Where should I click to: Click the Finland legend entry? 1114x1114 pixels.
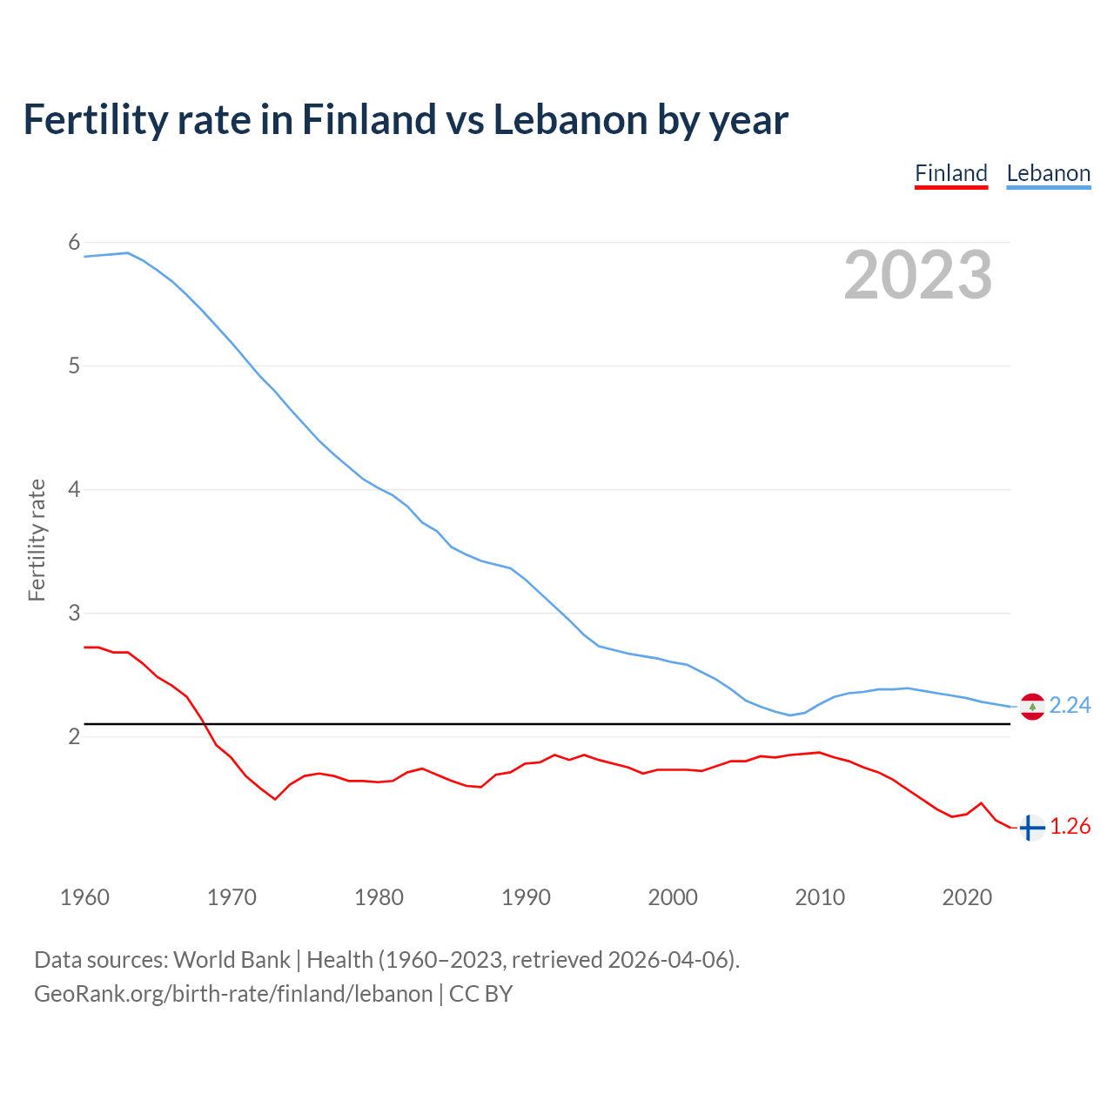click(951, 173)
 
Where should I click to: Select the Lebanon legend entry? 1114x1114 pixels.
click(1048, 173)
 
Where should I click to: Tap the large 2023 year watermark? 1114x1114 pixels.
click(917, 275)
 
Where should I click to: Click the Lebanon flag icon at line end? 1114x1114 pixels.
click(1032, 706)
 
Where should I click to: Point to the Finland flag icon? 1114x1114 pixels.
click(1031, 828)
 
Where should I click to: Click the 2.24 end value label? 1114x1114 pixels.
click(1070, 705)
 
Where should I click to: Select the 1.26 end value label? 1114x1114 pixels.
click(1070, 826)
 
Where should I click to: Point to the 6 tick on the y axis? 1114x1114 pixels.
click(74, 243)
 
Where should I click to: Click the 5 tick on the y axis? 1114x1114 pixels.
click(74, 366)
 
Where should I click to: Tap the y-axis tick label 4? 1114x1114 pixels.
click(74, 490)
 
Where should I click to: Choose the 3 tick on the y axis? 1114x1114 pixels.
click(74, 614)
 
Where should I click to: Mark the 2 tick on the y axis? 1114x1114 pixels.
click(74, 737)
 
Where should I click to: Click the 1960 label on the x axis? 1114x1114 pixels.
click(84, 897)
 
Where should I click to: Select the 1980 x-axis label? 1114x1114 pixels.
click(379, 897)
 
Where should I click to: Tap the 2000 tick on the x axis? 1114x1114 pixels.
click(673, 897)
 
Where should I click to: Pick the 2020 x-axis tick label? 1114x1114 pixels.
click(967, 897)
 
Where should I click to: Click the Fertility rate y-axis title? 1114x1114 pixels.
click(37, 540)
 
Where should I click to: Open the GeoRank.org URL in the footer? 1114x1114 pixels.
click(233, 994)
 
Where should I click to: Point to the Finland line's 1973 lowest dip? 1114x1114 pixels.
click(275, 799)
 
